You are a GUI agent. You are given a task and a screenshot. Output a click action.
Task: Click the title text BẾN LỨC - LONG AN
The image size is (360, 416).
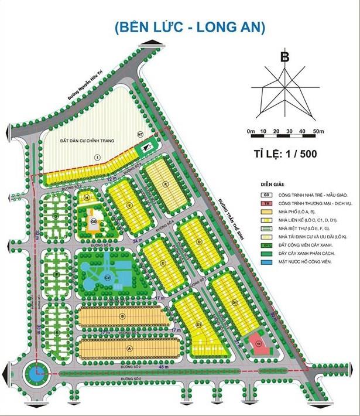(x=190, y=27)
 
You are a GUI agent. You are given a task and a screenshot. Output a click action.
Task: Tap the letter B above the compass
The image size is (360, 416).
(x=284, y=57)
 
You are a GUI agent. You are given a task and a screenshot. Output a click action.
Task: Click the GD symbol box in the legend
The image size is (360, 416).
(x=266, y=194)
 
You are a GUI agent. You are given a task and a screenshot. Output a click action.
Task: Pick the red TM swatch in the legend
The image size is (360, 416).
(x=266, y=203)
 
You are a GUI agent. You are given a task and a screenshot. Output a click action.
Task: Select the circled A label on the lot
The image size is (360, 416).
(x=129, y=347)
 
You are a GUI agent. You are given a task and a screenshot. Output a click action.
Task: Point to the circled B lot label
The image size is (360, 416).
(x=122, y=317)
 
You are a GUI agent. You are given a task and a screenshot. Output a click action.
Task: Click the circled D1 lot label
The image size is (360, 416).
(x=234, y=302)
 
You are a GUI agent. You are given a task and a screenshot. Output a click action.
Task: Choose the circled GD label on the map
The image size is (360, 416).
(x=93, y=221)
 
